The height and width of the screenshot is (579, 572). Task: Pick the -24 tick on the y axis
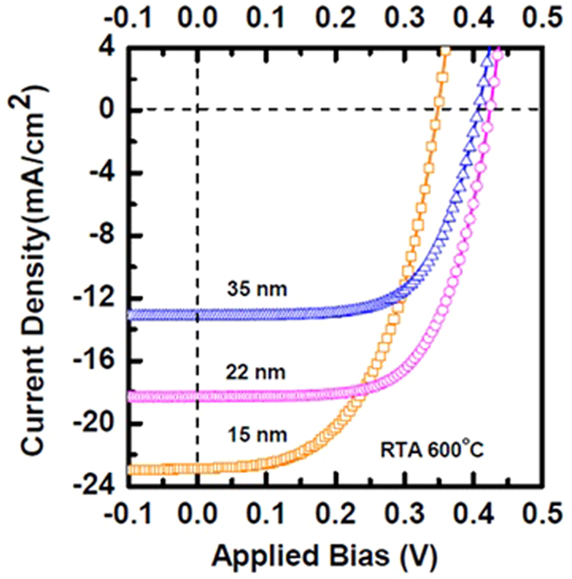pyautogui.click(x=101, y=487)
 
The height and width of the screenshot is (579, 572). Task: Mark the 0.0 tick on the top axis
pyautogui.click(x=197, y=18)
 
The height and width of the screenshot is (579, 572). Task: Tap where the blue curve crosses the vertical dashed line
pyautogui.click(x=197, y=315)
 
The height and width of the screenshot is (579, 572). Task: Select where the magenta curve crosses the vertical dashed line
pyautogui.click(x=197, y=396)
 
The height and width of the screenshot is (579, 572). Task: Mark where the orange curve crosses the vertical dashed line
pyautogui.click(x=197, y=468)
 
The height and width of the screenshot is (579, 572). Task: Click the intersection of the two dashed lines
pyautogui.click(x=197, y=109)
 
